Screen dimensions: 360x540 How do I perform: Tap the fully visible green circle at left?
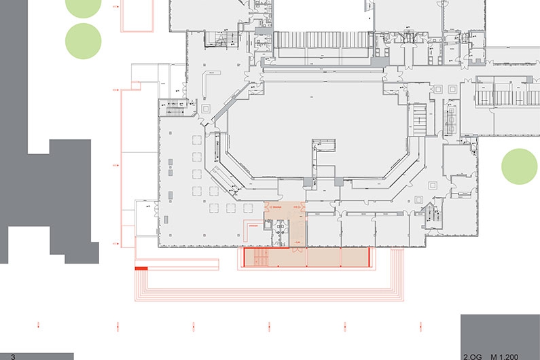pyautogui.click(x=83, y=41)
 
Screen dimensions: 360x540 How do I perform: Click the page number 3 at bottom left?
pyautogui.click(x=12, y=356)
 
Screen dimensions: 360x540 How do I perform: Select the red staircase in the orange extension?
pyautogui.click(x=257, y=257)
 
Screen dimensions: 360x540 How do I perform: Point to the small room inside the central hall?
pyautogui.click(x=325, y=145)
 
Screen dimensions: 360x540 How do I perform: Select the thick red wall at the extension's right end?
pyautogui.click(x=370, y=257)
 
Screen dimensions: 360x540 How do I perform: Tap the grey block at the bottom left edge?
pyautogui.click(x=37, y=356)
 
